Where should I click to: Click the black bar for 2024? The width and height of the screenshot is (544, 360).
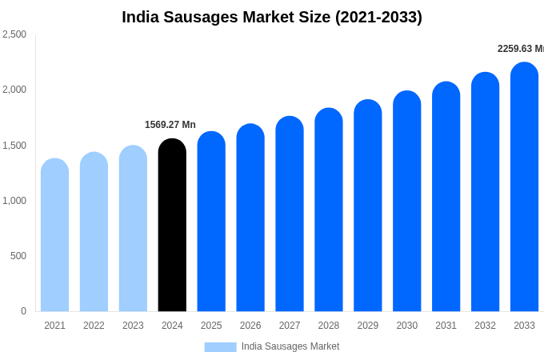tap(172, 226)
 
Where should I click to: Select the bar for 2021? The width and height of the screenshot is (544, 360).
tap(54, 235)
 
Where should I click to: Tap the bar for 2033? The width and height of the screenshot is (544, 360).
tap(524, 187)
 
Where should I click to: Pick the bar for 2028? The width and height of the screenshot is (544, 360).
tap(329, 210)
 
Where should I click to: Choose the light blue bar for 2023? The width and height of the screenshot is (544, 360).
tap(133, 229)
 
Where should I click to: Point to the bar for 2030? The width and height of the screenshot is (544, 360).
tap(406, 202)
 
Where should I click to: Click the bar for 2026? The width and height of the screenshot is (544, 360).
tap(250, 218)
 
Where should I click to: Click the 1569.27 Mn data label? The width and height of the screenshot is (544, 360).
tap(170, 125)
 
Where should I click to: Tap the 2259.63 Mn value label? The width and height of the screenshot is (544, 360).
tap(520, 49)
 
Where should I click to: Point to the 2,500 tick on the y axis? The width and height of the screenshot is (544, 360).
tap(14, 34)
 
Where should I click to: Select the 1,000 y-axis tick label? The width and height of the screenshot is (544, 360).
tap(14, 201)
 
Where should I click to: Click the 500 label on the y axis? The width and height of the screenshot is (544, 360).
tap(18, 256)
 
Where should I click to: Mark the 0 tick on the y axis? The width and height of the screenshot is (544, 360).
tap(23, 311)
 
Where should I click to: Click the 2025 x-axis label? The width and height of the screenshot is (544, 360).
tap(211, 326)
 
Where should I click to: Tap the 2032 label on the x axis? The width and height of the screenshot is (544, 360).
tap(485, 326)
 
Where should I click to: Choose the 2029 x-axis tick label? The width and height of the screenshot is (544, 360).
tap(368, 326)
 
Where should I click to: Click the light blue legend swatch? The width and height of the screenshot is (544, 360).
tap(220, 347)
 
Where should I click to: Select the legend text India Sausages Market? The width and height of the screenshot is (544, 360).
tap(290, 346)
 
